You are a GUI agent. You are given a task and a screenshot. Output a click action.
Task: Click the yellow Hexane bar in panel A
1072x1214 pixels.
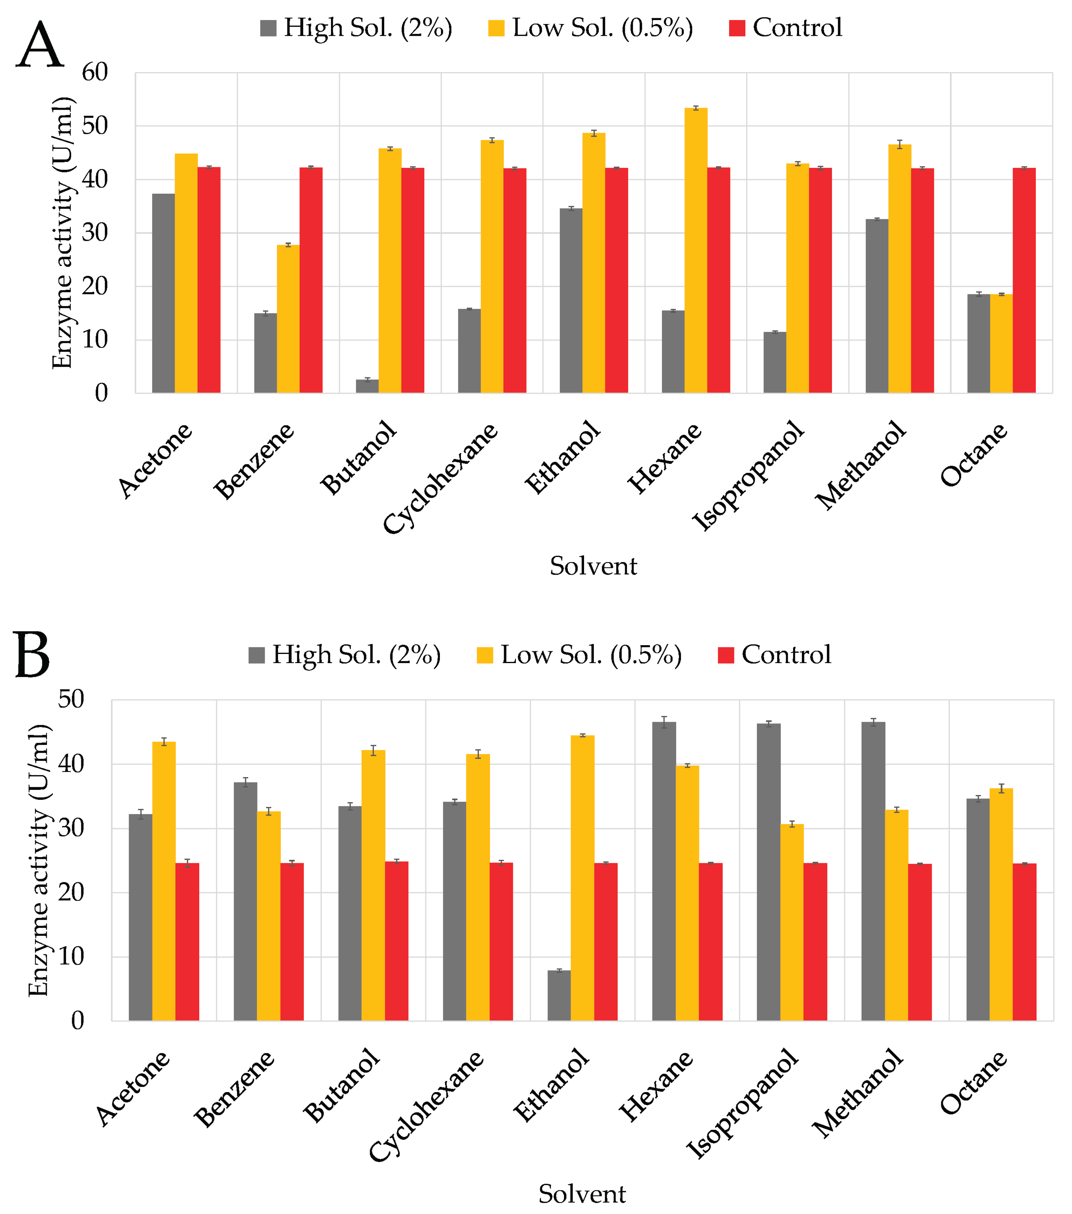point(695,249)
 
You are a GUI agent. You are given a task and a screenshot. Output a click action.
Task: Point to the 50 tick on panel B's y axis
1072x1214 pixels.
point(71,699)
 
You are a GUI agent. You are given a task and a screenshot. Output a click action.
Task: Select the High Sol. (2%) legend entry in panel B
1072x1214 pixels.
point(345,655)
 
